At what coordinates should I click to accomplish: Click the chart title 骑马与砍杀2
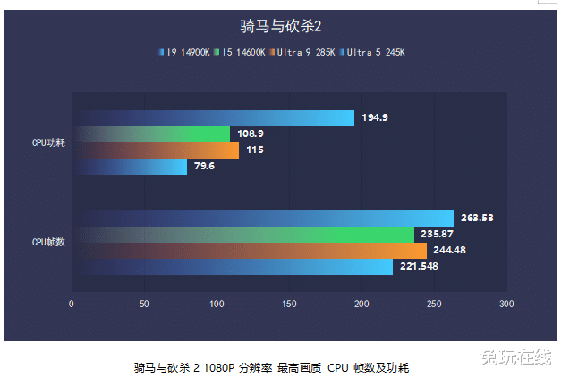pyautogui.click(x=280, y=26)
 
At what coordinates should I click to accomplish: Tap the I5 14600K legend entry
pyautogui.click(x=241, y=52)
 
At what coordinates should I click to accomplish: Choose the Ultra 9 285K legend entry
pyautogui.click(x=304, y=52)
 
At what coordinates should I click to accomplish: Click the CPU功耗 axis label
pyautogui.click(x=48, y=142)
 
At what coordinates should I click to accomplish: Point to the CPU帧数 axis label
pyautogui.click(x=48, y=242)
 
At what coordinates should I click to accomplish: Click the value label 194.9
pyautogui.click(x=375, y=118)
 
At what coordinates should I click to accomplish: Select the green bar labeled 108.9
pyautogui.click(x=152, y=134)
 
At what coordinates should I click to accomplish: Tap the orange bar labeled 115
pyautogui.click(x=157, y=150)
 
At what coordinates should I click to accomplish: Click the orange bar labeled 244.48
pyautogui.click(x=251, y=250)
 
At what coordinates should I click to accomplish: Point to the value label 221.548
pyautogui.click(x=419, y=267)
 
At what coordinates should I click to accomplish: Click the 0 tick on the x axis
pyautogui.click(x=72, y=305)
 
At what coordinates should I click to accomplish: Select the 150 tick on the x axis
pyautogui.click(x=289, y=305)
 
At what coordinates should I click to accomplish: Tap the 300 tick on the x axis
pyautogui.click(x=506, y=305)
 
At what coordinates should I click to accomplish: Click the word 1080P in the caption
pyautogui.click(x=220, y=367)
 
